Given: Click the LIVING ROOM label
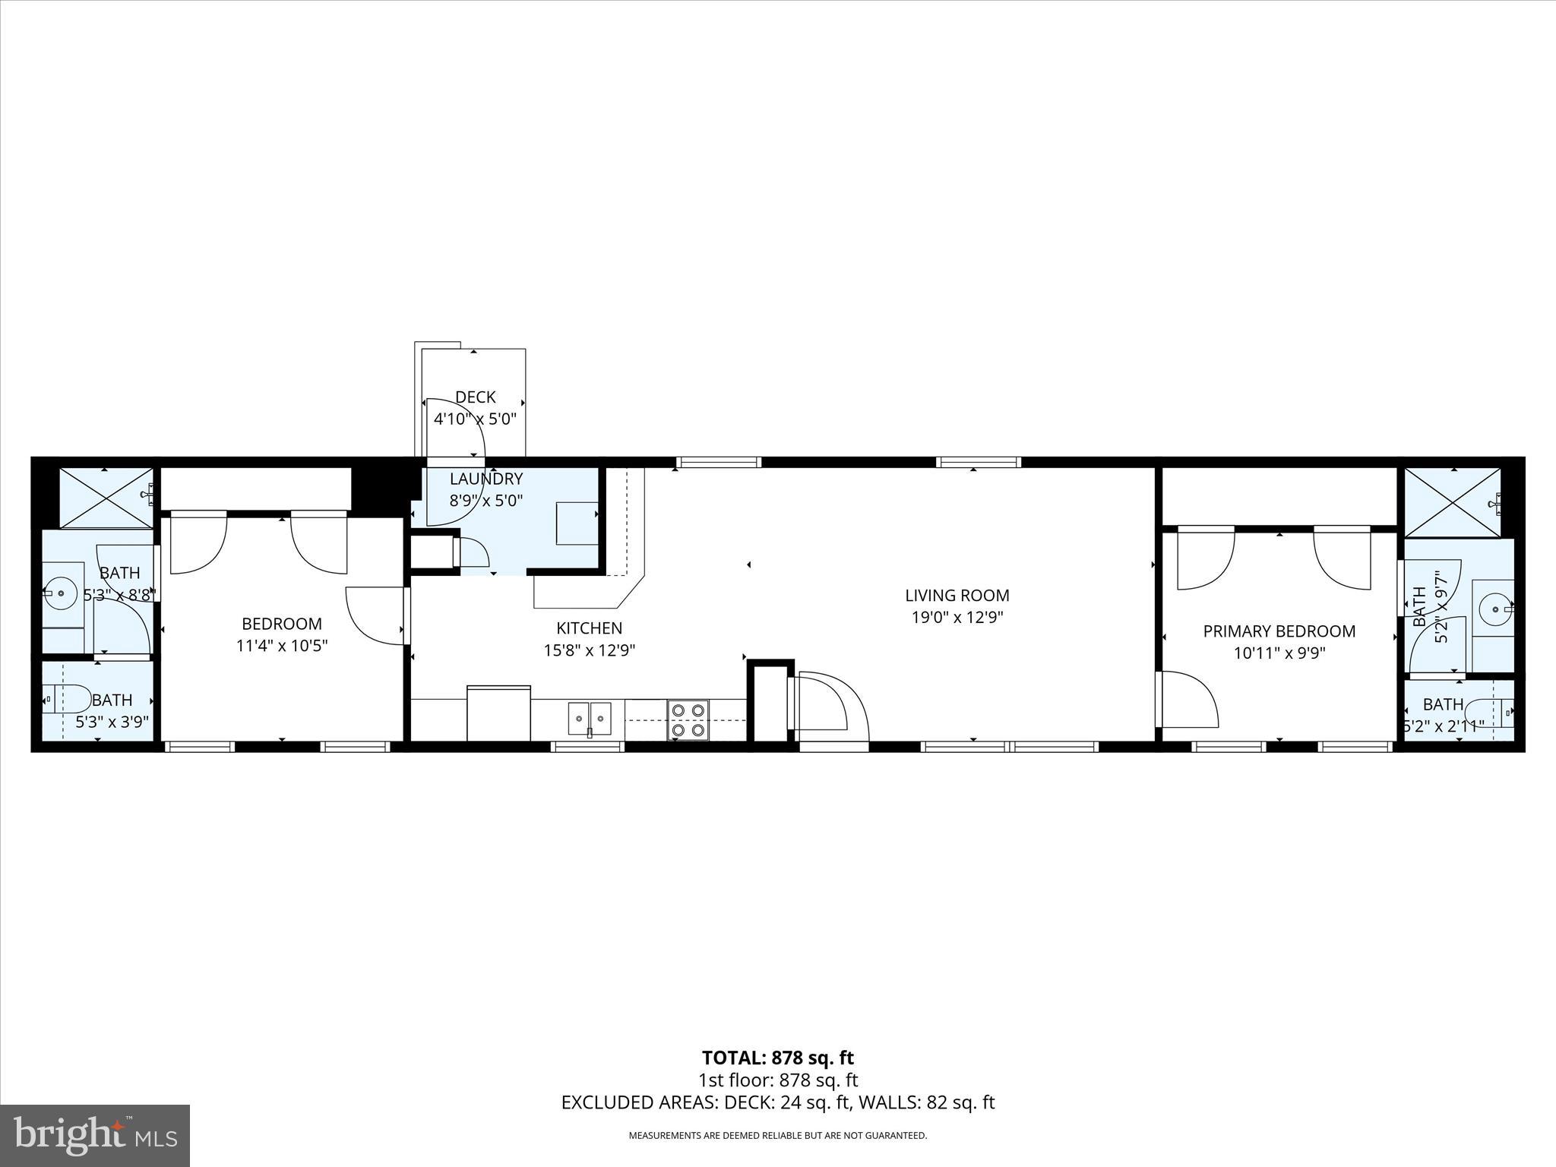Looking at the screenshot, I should click(x=957, y=596).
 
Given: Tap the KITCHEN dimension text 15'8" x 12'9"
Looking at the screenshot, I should click(x=589, y=650).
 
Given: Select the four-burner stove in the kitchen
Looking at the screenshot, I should click(x=688, y=720).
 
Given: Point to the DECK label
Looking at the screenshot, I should click(x=475, y=397).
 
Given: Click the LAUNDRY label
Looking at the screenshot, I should click(x=486, y=479).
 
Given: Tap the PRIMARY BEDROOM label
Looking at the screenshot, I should click(x=1279, y=631).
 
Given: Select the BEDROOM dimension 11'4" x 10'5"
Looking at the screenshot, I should click(x=281, y=646).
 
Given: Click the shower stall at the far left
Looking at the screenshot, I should click(x=106, y=498).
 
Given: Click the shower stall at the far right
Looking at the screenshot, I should click(x=1452, y=503).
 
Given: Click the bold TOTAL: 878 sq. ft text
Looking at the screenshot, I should click(x=777, y=1058).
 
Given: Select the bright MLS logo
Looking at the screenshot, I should click(x=94, y=1135).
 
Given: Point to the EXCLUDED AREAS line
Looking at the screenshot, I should click(x=777, y=1102).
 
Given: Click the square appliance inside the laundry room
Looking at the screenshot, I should click(x=577, y=523).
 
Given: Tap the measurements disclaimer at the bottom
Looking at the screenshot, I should click(x=777, y=1135).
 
